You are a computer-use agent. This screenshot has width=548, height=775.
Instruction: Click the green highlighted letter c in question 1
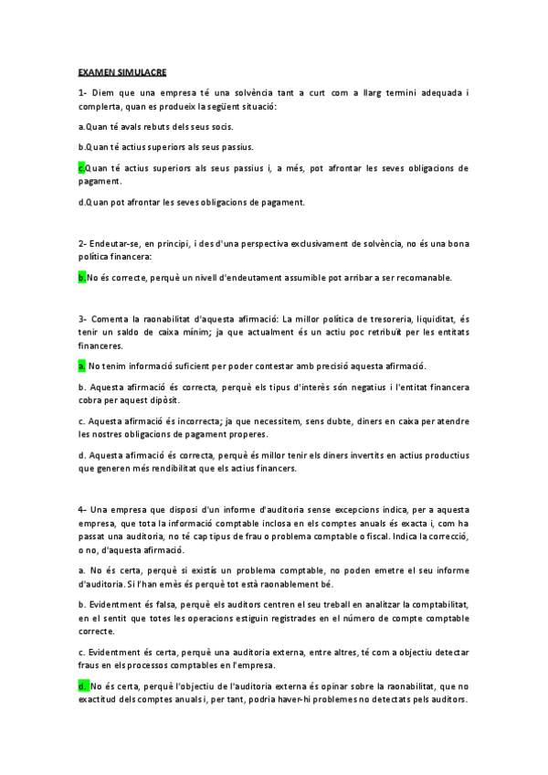82,168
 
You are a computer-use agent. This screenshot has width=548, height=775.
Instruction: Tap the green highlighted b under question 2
82,277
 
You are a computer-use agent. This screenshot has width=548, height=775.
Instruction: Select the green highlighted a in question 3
82,366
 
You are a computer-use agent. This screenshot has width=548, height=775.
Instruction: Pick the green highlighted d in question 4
82,685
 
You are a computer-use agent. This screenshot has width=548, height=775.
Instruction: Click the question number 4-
82,508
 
